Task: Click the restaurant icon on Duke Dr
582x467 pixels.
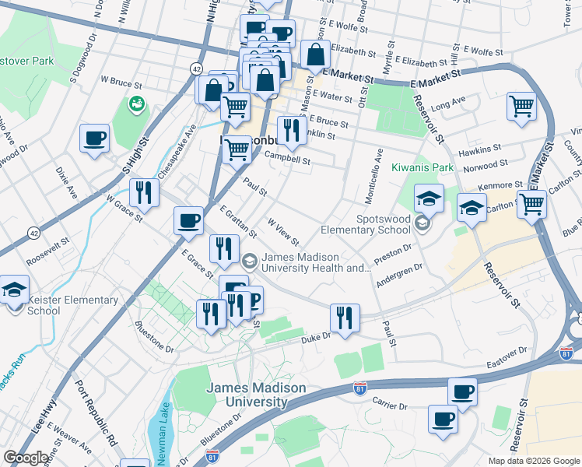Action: (344, 317)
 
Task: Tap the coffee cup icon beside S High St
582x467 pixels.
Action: (94, 139)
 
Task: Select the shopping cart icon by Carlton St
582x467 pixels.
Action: (532, 204)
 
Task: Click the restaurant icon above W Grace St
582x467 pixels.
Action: (143, 191)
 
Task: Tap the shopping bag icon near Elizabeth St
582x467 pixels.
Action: (315, 54)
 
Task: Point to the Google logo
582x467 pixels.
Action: (26, 458)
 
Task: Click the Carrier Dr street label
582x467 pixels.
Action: (391, 406)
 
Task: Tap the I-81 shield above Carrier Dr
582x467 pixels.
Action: (359, 388)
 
